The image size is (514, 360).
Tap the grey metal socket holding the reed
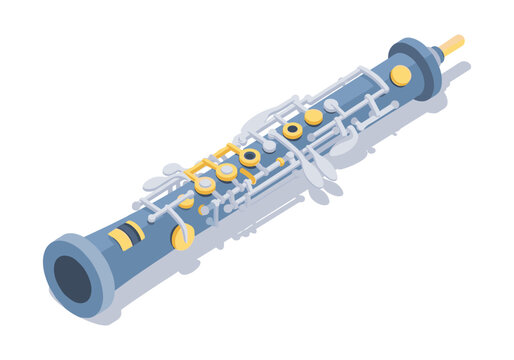coord(437,53)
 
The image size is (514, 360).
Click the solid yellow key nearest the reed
coord(400,75)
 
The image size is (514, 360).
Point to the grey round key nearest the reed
coord(331,105)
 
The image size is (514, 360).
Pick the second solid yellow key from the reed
coord(314,117)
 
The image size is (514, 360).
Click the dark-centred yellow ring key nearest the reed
coord(292,130)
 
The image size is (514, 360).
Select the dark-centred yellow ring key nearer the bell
coord(250,157)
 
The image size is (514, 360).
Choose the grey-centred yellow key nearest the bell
coord(205,184)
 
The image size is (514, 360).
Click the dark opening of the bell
coord(73,279)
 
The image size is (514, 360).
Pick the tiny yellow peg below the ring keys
coord(281,162)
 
